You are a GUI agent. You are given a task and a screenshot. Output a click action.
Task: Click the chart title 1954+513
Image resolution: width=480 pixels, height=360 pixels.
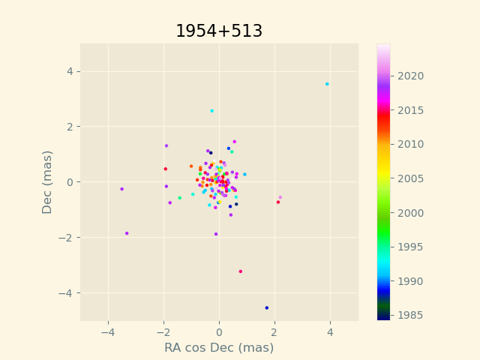point(219,31)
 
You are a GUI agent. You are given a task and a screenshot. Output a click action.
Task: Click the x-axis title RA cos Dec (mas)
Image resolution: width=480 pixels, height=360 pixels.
point(219,348)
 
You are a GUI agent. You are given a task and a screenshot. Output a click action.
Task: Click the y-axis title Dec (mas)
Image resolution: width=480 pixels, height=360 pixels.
point(47,182)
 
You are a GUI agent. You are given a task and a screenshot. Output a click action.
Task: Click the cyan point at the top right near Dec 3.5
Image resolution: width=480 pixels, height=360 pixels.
point(327,84)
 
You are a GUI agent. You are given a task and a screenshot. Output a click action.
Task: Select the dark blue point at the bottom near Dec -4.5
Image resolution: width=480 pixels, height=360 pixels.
point(266,307)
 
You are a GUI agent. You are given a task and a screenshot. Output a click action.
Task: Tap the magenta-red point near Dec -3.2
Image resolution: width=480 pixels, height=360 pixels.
point(241,271)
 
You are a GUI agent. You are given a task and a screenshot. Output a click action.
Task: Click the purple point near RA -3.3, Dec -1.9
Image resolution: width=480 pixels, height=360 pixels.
point(127,233)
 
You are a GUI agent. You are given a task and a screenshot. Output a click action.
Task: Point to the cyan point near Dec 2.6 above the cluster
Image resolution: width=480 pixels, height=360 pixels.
point(211,111)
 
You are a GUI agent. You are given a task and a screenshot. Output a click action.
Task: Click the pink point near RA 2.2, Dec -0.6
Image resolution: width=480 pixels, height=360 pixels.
point(280,198)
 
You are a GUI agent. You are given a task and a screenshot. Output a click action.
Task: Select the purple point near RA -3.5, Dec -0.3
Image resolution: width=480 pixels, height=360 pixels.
point(122,189)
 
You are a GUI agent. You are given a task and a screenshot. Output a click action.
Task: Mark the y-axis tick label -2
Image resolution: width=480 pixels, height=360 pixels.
point(65,238)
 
